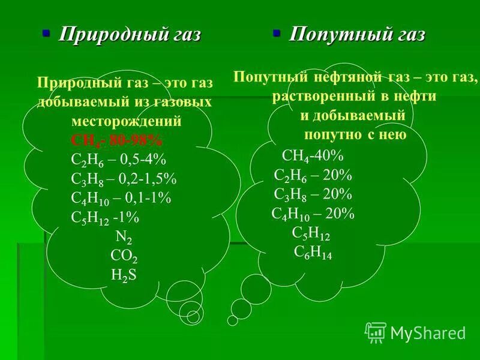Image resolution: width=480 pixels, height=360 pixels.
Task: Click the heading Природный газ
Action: coord(129,35)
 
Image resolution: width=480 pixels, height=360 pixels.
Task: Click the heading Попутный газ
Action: coord(357,35)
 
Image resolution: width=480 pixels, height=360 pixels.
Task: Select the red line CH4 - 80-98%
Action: coord(116,140)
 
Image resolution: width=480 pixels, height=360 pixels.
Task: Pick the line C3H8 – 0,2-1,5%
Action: coord(124,179)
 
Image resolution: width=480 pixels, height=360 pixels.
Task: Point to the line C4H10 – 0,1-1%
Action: coord(121,199)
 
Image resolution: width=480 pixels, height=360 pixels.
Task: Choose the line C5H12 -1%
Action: coord(108,219)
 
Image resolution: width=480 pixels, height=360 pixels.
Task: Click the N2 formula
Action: coord(124,237)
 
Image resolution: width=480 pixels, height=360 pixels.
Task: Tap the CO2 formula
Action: coord(124,256)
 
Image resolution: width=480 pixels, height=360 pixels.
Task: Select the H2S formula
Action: coord(124,275)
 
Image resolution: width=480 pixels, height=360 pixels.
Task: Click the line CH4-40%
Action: coord(313,156)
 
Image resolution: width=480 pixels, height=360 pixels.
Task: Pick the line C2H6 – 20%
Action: coord(313,175)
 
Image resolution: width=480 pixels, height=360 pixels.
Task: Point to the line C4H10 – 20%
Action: coord(313,214)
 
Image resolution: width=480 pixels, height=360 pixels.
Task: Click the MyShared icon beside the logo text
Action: coord(376,332)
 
